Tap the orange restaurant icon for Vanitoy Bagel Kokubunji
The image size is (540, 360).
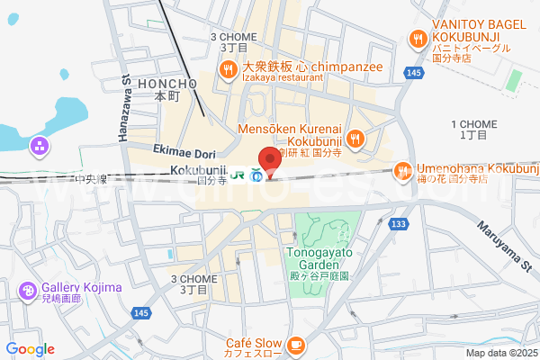tap(417, 38)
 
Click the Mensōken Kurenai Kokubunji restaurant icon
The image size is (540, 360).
tap(355, 138)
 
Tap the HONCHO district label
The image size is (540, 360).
tap(163, 83)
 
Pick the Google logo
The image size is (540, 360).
tap(30, 349)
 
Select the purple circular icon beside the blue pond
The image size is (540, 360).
tap(40, 145)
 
